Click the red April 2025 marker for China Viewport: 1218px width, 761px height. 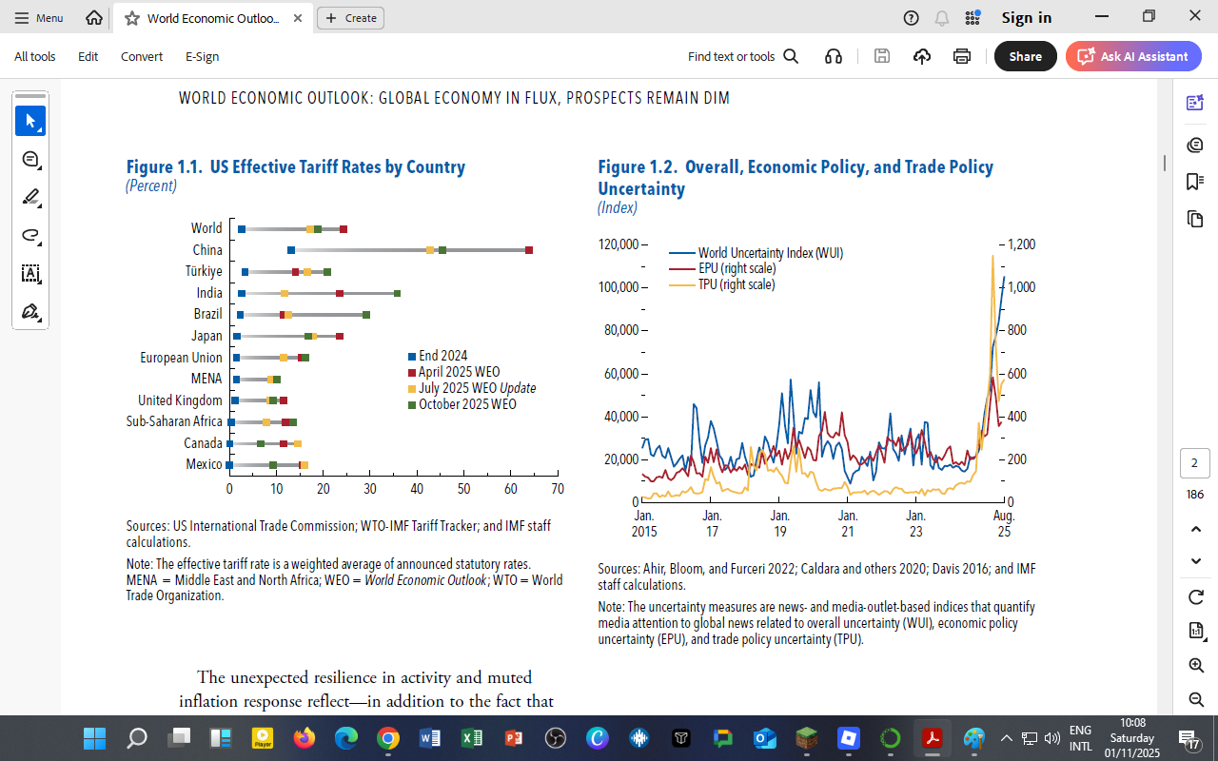tap(529, 250)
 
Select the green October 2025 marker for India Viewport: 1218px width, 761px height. tap(397, 293)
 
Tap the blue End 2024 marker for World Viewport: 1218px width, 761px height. tap(242, 229)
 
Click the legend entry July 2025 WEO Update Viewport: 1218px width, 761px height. tap(476, 388)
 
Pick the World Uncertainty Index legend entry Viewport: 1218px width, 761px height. tap(770, 253)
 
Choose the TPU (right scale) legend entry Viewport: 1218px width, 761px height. tap(736, 284)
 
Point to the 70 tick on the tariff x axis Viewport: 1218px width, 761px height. tap(558, 489)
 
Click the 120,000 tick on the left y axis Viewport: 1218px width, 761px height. tap(618, 244)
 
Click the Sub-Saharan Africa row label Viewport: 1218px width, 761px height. tap(174, 421)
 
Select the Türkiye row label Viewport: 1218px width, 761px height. tap(204, 271)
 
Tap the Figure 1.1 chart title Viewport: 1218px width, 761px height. tap(296, 167)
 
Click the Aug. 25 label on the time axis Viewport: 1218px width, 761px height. tap(1003, 523)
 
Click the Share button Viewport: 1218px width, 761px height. tap(1025, 56)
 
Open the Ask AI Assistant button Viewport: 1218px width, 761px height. tap(1133, 56)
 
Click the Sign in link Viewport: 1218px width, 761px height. tap(1026, 17)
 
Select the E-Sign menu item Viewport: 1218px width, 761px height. tap(202, 56)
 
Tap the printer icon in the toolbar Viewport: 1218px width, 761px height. tap(962, 56)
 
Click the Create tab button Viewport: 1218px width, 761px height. tap(351, 17)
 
